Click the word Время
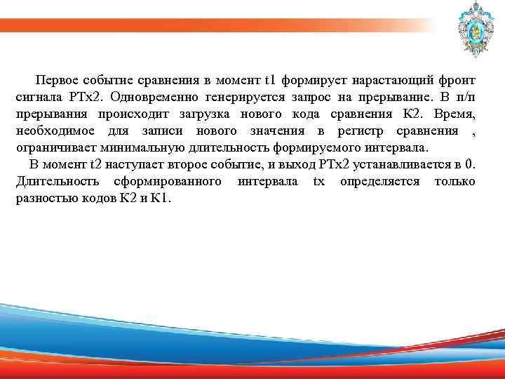(456, 113)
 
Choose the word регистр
(362, 131)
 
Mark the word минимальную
(144, 148)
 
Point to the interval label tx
(318, 182)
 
